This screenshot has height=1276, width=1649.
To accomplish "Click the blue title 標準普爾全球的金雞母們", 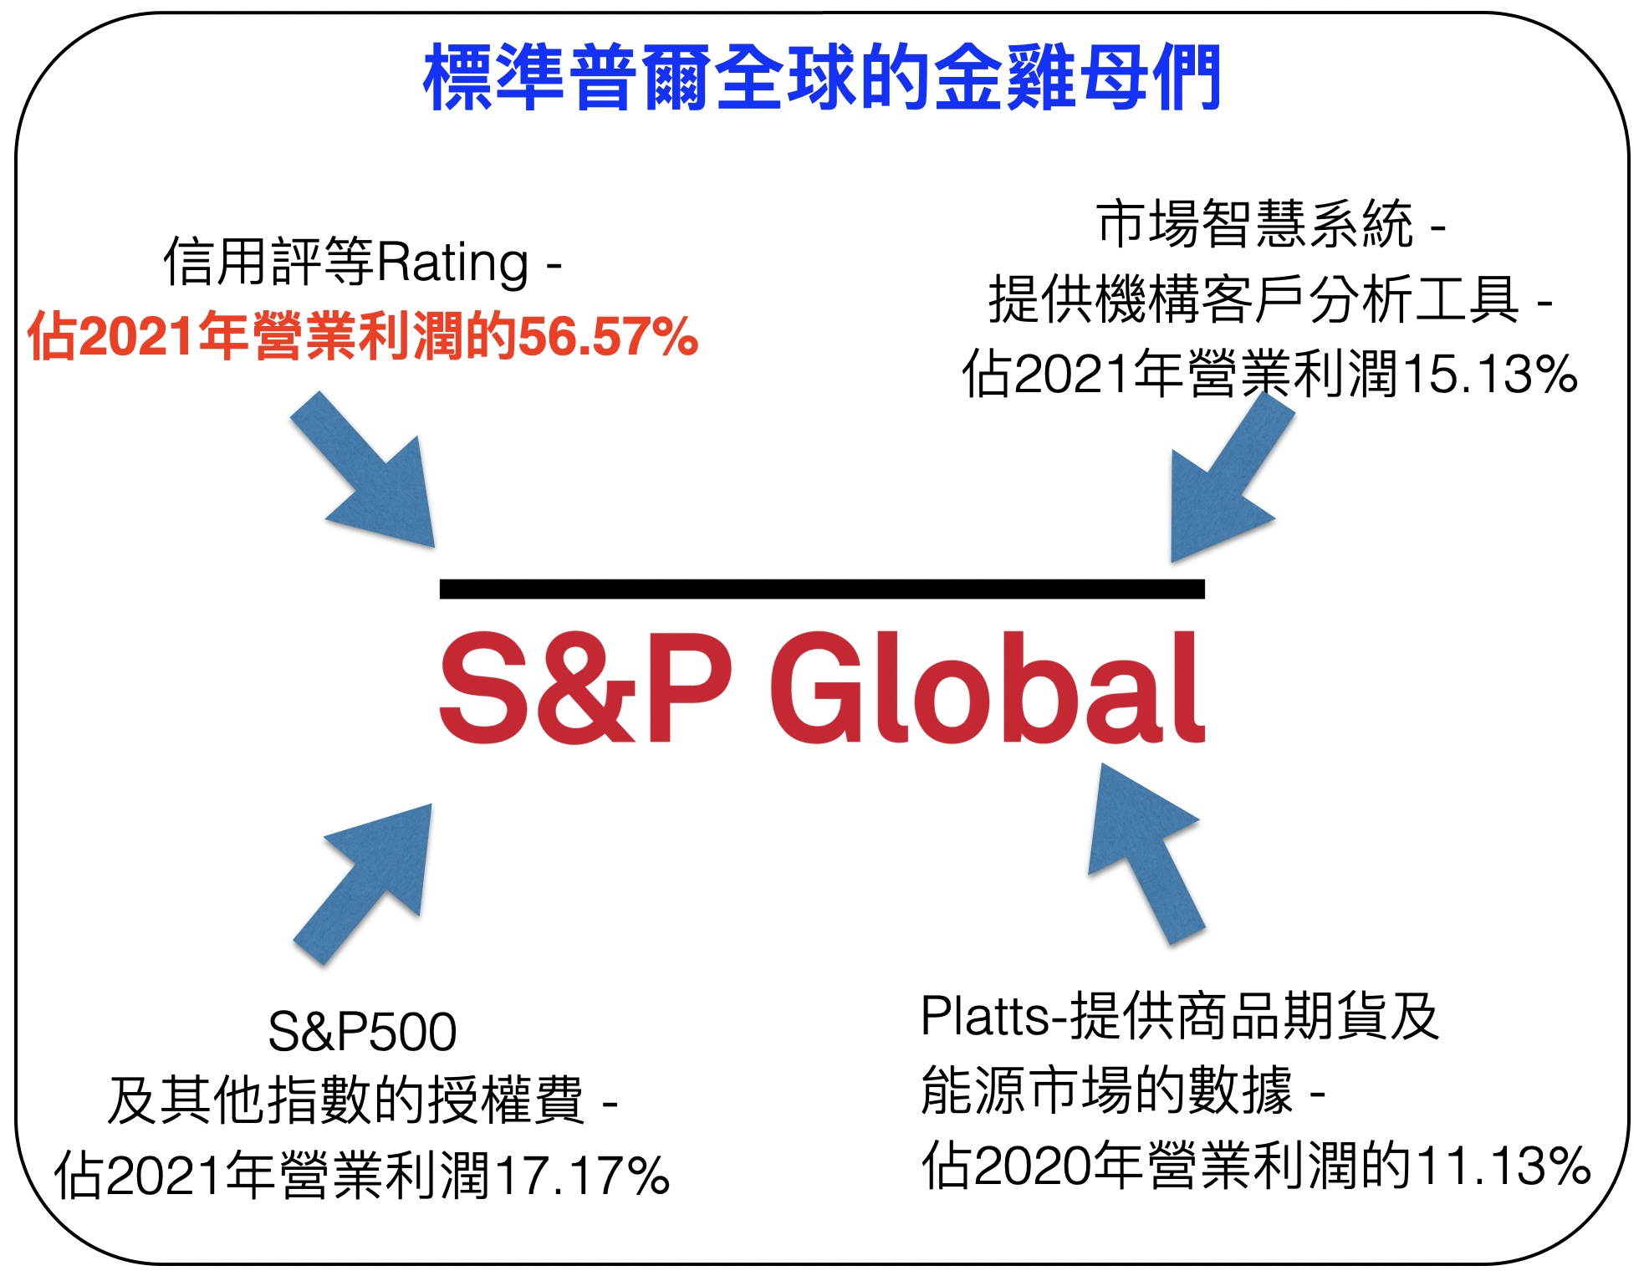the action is [823, 77].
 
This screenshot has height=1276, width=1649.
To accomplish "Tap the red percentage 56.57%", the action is [609, 337].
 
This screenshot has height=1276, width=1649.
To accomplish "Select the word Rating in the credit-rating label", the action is [452, 263].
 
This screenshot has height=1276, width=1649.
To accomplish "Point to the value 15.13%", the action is [1490, 374].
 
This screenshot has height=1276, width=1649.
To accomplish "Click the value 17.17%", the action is [583, 1175].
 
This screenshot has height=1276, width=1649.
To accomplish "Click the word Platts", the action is [984, 1017].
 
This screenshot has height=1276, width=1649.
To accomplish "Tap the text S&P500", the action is [362, 1031].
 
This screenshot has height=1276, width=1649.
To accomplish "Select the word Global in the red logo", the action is [988, 687].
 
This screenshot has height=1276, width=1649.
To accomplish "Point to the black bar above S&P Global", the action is [822, 589].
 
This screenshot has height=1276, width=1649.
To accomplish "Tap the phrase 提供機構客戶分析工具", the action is [1253, 299].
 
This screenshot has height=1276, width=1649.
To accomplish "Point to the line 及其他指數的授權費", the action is [345, 1100].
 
